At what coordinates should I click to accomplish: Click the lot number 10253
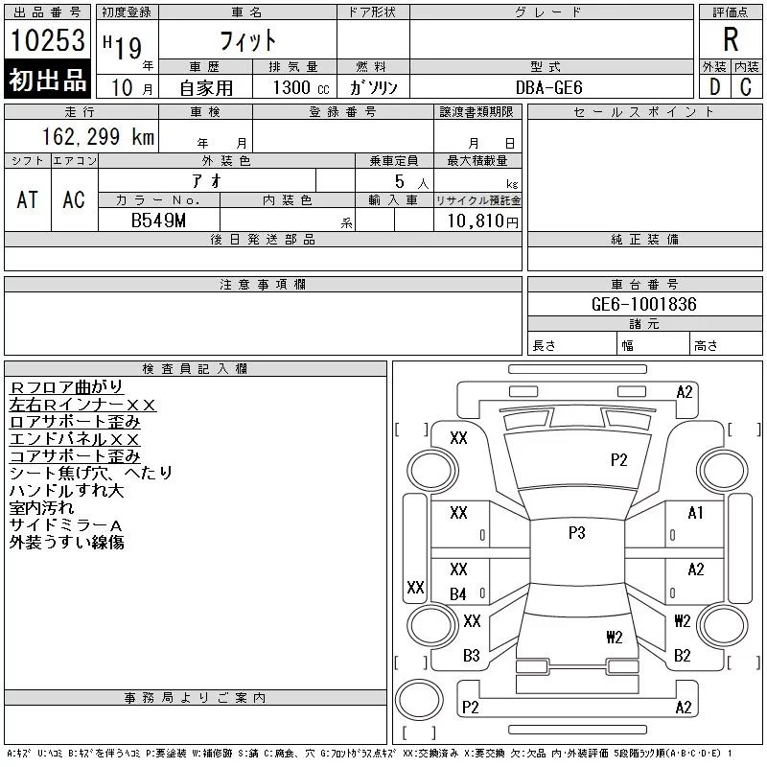(48, 40)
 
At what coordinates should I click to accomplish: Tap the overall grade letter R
(731, 39)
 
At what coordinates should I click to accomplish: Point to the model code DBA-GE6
(549, 87)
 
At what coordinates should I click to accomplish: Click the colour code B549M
(158, 221)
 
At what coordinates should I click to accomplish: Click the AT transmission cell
(28, 199)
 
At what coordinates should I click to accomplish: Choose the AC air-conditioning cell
(74, 199)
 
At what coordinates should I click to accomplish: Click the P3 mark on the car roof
(576, 534)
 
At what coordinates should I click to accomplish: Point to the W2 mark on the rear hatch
(615, 637)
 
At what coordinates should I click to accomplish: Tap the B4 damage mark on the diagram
(458, 594)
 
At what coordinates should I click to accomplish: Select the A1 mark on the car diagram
(696, 513)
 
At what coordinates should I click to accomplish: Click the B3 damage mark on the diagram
(471, 656)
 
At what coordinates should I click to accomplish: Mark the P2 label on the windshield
(618, 460)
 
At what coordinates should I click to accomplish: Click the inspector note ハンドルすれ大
(66, 490)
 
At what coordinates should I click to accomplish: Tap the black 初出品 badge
(48, 81)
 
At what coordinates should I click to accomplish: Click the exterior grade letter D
(714, 87)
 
